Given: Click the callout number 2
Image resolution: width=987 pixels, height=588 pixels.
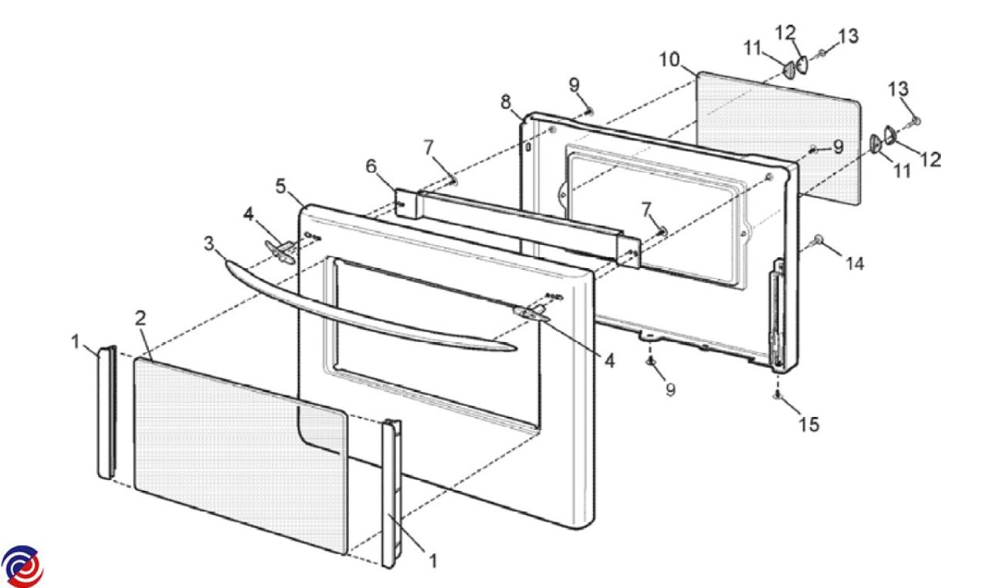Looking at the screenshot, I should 141,317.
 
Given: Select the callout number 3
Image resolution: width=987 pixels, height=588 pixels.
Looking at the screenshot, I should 209,243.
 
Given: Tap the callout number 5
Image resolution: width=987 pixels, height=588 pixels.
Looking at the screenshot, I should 282,187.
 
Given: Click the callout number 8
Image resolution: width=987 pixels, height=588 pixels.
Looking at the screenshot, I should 506,102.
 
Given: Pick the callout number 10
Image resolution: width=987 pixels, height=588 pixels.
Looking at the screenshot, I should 669,60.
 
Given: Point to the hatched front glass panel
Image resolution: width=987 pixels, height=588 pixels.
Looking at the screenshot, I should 239,452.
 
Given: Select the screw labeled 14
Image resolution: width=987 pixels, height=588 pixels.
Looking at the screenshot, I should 818,239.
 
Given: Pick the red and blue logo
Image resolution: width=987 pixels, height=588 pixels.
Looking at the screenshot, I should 22,567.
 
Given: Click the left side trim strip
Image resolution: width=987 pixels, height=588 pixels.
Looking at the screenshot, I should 105,411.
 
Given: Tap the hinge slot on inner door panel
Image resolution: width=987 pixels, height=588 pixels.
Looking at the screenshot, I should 775,313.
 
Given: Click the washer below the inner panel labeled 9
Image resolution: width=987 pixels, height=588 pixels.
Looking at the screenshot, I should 650,361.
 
